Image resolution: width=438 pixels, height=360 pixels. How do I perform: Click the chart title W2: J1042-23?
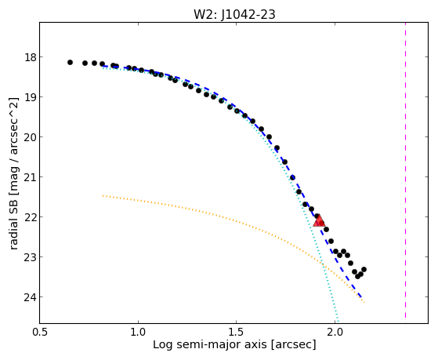[x=234, y=14]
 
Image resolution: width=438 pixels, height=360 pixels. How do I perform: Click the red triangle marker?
[x=319, y=220]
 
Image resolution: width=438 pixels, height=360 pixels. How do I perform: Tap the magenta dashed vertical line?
[x=405, y=170]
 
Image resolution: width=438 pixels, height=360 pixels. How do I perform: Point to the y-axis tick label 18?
[x=31, y=57]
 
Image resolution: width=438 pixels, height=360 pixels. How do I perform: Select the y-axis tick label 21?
[x=31, y=177]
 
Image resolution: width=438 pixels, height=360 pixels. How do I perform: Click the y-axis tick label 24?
[x=31, y=297]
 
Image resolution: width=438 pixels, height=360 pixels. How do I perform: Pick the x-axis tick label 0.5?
[x=40, y=332]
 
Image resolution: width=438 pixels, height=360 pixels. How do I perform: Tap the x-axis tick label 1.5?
[x=237, y=332]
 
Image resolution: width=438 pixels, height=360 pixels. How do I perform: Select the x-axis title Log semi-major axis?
[x=210, y=345]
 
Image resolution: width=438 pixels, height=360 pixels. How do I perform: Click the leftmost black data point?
[x=70, y=63]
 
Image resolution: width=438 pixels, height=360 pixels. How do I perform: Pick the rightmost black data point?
[x=364, y=269]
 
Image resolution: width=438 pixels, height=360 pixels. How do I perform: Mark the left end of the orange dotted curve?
[x=103, y=195]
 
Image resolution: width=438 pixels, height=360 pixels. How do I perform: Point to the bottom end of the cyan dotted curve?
[x=338, y=322]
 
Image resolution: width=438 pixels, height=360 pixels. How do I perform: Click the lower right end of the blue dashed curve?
[x=362, y=297]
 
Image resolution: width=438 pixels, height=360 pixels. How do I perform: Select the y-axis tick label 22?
[x=31, y=217]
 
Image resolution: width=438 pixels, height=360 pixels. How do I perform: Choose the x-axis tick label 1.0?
[x=138, y=332]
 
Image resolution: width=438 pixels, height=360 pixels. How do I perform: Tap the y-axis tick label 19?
[x=31, y=97]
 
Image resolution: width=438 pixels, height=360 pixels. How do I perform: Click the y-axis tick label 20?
[x=31, y=137]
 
